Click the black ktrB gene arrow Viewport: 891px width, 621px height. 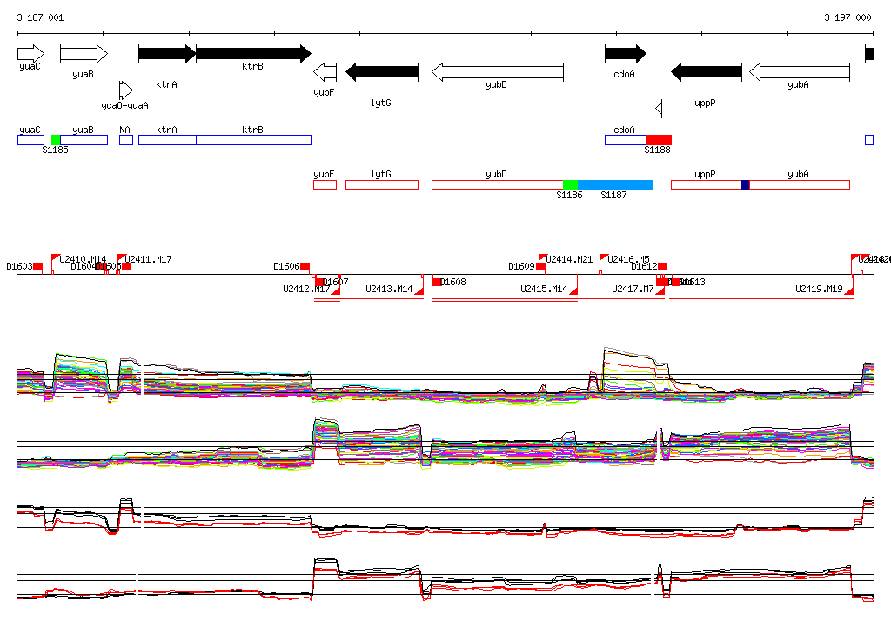(252, 54)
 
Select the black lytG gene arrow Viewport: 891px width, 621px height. (382, 71)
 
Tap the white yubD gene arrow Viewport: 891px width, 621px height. (497, 71)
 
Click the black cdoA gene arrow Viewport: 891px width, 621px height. (625, 54)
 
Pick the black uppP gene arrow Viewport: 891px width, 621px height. (706, 71)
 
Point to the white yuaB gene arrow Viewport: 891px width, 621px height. (84, 54)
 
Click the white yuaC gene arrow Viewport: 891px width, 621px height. (30, 54)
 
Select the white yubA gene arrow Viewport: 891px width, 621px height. (799, 71)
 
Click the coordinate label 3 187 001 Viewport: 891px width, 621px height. (40, 17)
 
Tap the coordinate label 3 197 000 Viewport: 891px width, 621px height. (847, 17)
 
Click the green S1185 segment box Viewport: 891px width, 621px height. (56, 140)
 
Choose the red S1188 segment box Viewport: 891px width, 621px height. (658, 140)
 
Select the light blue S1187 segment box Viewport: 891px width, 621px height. (614, 184)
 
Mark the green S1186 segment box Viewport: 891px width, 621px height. (570, 184)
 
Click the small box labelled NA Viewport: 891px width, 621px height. (126, 140)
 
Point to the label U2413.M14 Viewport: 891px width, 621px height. (389, 289)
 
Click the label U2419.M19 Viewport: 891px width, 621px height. (819, 289)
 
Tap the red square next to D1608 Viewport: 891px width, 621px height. (437, 282)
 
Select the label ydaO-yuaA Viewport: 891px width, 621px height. (124, 105)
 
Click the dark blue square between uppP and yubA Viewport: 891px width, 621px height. (746, 184)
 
